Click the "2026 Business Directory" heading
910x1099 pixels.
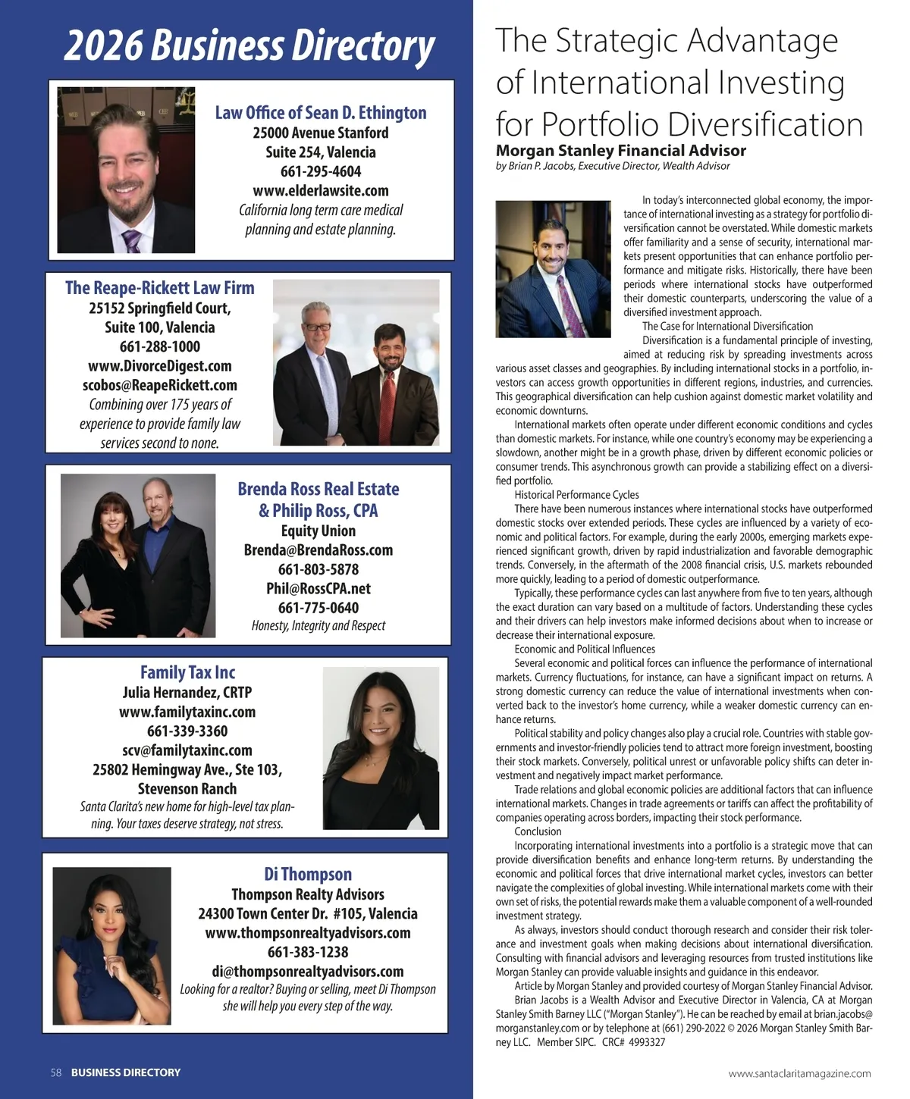coord(249,45)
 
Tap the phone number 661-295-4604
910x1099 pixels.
coord(321,171)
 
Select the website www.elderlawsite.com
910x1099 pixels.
coord(321,190)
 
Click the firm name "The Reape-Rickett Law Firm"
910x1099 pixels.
coord(160,288)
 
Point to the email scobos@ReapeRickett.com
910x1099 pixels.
coord(160,385)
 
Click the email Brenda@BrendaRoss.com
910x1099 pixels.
coord(318,550)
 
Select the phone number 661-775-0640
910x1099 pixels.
coord(318,607)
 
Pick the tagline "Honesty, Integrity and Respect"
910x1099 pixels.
coord(318,625)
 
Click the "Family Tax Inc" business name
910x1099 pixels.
coord(187,672)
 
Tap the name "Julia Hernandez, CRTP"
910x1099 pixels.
coord(187,692)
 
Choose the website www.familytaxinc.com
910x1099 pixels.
coord(187,712)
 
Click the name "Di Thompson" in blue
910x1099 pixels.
coord(308,874)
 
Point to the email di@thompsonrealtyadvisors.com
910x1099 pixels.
coord(308,971)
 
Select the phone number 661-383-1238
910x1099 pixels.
coord(308,952)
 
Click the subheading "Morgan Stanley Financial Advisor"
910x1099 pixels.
coord(620,151)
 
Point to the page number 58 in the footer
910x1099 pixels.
coord(56,1072)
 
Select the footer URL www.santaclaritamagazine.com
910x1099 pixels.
coord(799,1073)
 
